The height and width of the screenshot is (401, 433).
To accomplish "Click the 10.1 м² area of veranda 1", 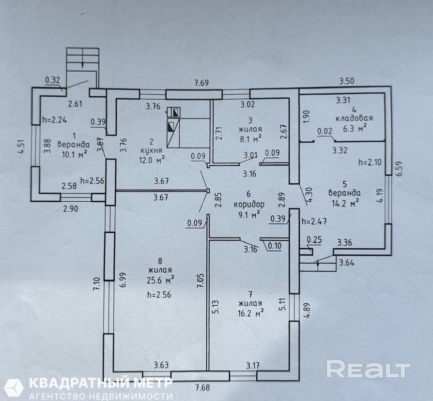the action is (x=73, y=154).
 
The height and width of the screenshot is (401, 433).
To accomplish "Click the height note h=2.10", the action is (x=370, y=162).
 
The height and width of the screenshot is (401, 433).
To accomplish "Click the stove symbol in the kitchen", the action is (x=173, y=112).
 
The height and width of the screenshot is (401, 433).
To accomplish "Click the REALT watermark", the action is (x=368, y=369).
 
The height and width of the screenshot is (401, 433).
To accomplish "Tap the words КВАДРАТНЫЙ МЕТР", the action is (x=101, y=383).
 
